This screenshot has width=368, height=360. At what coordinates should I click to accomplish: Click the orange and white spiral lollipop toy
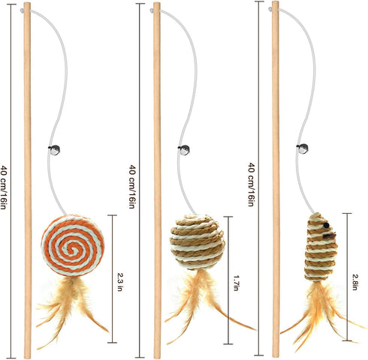(x=73, y=245)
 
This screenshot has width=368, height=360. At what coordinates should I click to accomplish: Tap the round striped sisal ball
(x=198, y=242)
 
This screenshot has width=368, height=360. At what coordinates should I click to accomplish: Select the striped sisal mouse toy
(x=321, y=247)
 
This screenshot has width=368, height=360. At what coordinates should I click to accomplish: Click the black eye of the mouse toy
(x=326, y=226)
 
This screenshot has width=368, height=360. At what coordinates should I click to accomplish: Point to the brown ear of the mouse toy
(x=330, y=235)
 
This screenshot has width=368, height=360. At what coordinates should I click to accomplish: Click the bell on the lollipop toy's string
(x=54, y=150)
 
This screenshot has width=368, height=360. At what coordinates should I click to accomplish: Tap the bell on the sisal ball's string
(x=184, y=150)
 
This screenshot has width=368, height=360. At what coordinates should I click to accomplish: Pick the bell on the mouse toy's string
(x=303, y=149)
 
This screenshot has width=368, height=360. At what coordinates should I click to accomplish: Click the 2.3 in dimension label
(x=120, y=282)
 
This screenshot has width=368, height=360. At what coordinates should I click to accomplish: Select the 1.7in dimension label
(x=236, y=283)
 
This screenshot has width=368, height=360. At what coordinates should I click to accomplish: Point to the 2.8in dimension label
(x=354, y=282)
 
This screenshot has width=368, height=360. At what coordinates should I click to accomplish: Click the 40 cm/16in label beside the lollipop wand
(x=5, y=187)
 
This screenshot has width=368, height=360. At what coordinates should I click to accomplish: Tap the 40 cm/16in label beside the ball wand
(x=132, y=187)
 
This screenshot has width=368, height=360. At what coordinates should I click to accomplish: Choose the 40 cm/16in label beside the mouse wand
(x=252, y=184)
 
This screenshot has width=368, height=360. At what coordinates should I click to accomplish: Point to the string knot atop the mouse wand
(x=270, y=9)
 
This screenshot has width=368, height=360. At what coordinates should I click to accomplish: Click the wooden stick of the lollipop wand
(x=28, y=181)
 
